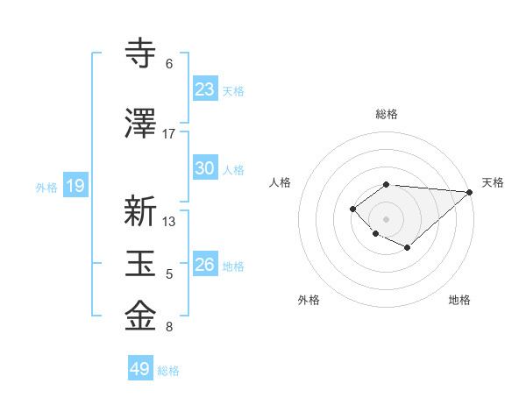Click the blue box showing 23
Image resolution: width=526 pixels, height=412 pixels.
pyautogui.click(x=205, y=89)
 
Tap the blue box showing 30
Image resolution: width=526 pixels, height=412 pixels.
pyautogui.click(x=205, y=168)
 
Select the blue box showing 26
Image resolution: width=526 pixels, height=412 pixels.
pyautogui.click(x=205, y=265)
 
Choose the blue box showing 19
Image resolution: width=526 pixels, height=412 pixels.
pyautogui.click(x=75, y=186)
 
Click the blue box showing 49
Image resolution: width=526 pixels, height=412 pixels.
pyautogui.click(x=140, y=369)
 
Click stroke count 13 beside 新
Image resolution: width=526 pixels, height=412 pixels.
pyautogui.click(x=169, y=222)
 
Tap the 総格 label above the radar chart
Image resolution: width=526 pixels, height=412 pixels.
pyautogui.click(x=386, y=115)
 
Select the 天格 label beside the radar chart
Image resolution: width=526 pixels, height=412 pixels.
pyautogui.click(x=493, y=182)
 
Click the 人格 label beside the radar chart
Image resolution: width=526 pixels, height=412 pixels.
pyautogui.click(x=280, y=182)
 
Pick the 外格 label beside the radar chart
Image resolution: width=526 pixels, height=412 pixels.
pyautogui.click(x=308, y=301)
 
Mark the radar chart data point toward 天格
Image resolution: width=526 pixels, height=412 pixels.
pyautogui.click(x=470, y=192)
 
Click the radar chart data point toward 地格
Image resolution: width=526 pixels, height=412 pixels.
pyautogui.click(x=408, y=249)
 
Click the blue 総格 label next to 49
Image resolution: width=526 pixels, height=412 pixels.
pyautogui.click(x=168, y=371)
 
